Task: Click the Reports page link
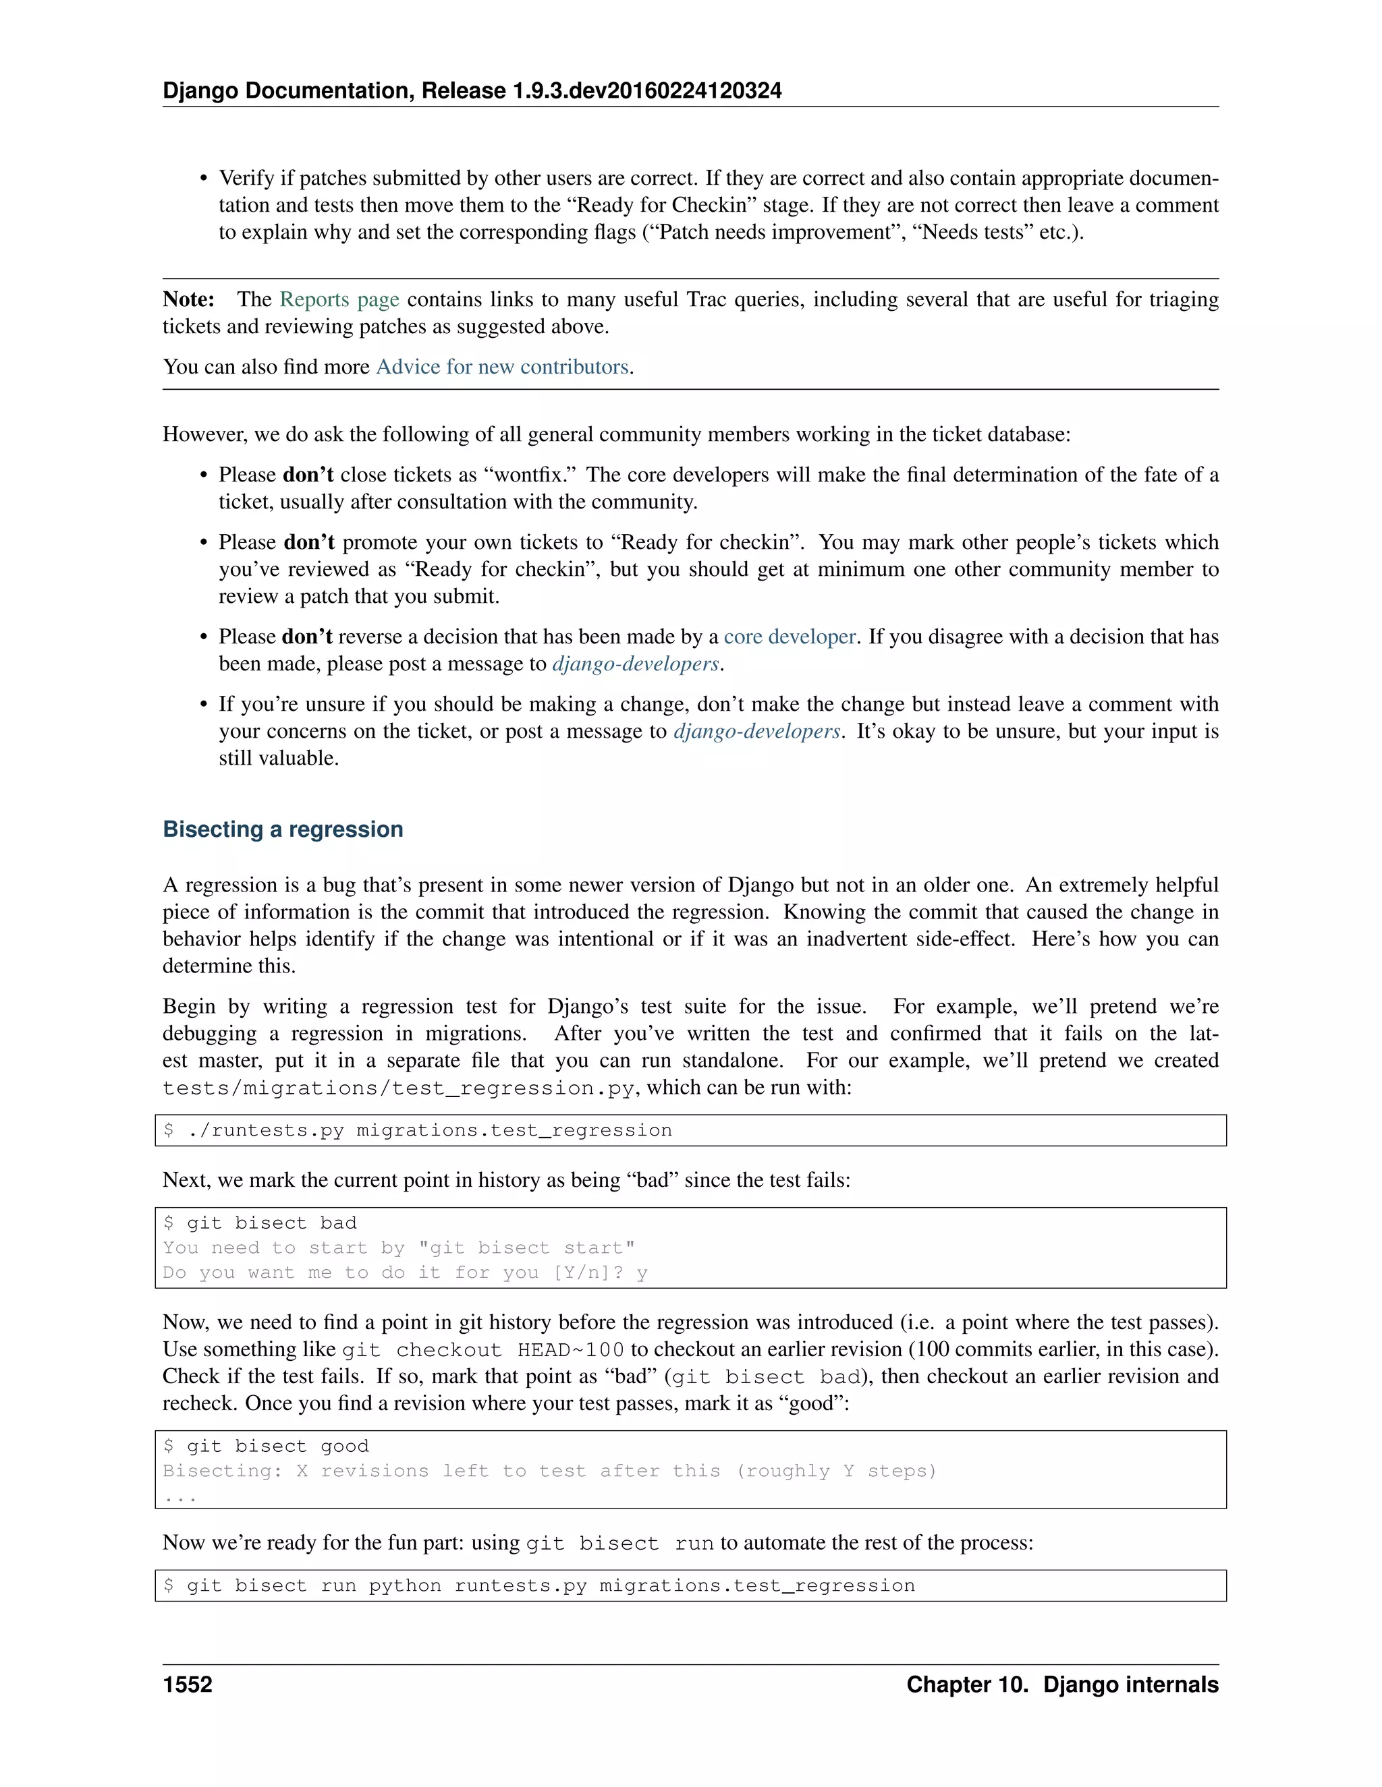tap(339, 299)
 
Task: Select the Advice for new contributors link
tap(502, 367)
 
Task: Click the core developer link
tap(790, 637)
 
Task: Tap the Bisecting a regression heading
tap(283, 829)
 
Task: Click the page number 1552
tap(188, 1685)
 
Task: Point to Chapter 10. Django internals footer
tap(1062, 1685)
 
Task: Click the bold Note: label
tap(188, 299)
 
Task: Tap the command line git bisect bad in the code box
tap(260, 1223)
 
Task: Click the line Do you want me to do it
tap(404, 1272)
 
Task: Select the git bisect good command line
tap(266, 1446)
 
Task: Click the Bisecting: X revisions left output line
tap(549, 1470)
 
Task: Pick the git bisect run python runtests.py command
tap(538, 1585)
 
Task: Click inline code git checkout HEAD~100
tap(482, 1350)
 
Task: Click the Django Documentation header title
tap(472, 91)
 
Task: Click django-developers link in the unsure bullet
tap(756, 732)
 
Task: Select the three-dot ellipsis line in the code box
tap(179, 1496)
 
